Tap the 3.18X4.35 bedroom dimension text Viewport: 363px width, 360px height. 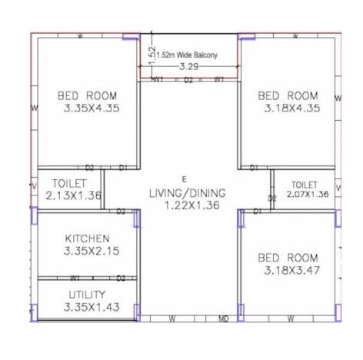(289, 108)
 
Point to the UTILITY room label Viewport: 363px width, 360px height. (87, 295)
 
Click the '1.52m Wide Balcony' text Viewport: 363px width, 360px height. (188, 55)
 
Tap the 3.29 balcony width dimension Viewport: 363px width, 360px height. (188, 67)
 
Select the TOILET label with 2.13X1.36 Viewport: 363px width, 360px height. (69, 183)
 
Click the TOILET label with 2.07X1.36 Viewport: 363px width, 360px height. (304, 185)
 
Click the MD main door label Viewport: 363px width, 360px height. (224, 318)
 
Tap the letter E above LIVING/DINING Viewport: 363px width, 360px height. (183, 178)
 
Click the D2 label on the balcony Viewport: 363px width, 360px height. (188, 79)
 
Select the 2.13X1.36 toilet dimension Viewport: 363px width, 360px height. (74, 195)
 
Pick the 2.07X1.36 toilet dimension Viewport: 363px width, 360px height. (307, 195)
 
